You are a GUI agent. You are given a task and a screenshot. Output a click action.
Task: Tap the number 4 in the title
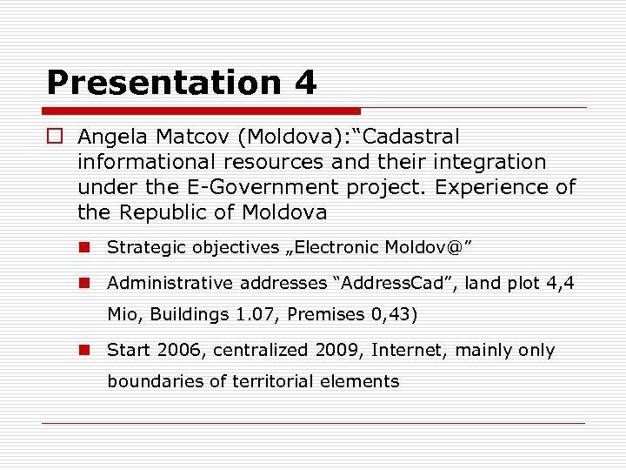[305, 84]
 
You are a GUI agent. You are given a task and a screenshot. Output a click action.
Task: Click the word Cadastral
[409, 137]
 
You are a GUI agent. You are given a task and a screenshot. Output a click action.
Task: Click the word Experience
[496, 187]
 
